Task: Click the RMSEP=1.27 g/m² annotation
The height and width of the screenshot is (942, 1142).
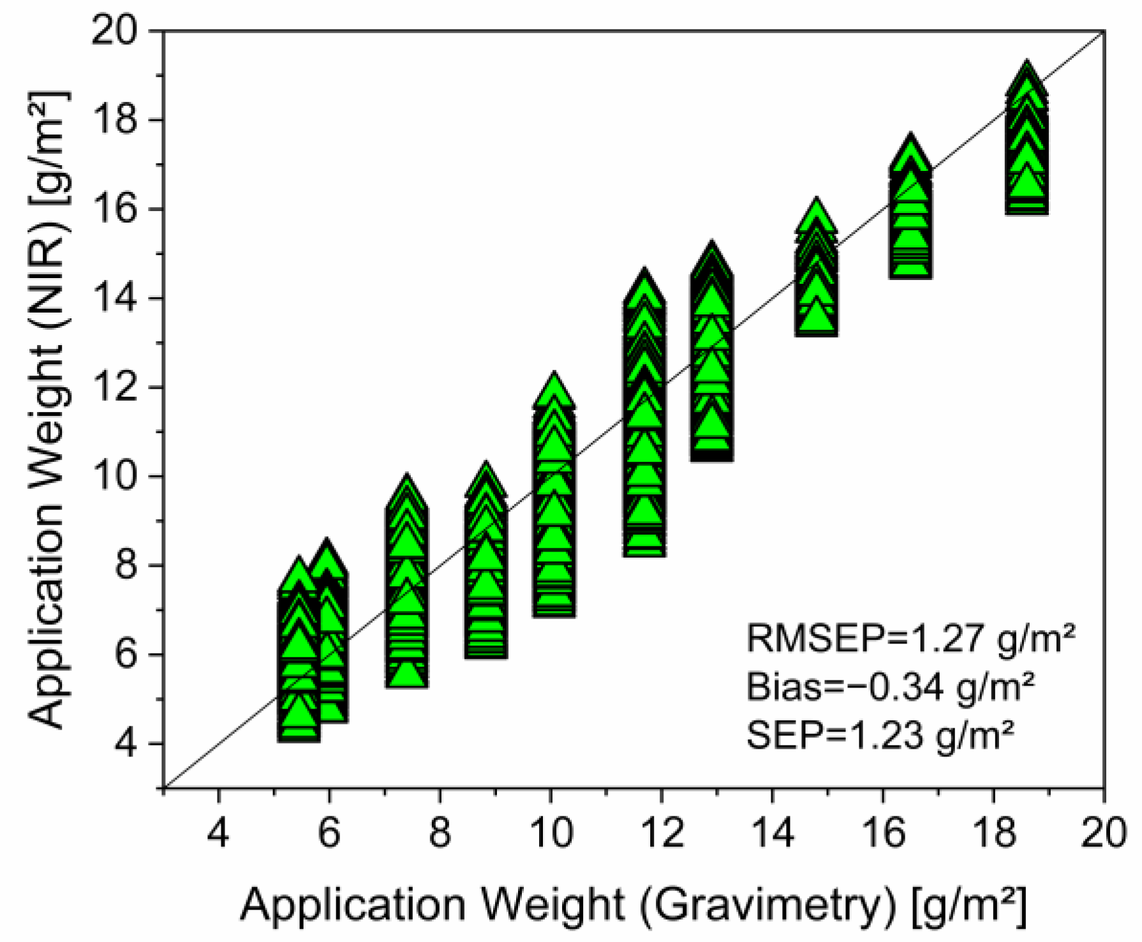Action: pyautogui.click(x=910, y=638)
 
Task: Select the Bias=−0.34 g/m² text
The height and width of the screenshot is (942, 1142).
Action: pyautogui.click(x=890, y=687)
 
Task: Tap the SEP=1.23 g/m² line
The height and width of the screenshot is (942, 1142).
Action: pyautogui.click(x=880, y=735)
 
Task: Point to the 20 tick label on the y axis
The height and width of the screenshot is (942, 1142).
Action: pyautogui.click(x=114, y=30)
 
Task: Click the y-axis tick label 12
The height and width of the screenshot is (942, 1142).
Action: pyautogui.click(x=114, y=387)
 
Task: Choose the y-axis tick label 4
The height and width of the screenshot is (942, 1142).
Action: pyautogui.click(x=126, y=744)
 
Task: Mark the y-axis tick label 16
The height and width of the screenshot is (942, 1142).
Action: pyautogui.click(x=114, y=209)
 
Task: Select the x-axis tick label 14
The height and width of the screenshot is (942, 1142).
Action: pyautogui.click(x=773, y=833)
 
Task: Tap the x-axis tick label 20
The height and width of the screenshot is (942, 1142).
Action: pyautogui.click(x=1104, y=833)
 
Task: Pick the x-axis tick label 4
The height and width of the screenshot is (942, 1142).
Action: pyautogui.click(x=218, y=833)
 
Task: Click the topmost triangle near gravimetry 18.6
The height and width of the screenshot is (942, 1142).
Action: pyautogui.click(x=1027, y=79)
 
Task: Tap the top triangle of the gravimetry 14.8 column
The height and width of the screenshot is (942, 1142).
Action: pyautogui.click(x=816, y=216)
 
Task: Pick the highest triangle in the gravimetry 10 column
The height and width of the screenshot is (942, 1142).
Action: pyautogui.click(x=554, y=389)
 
